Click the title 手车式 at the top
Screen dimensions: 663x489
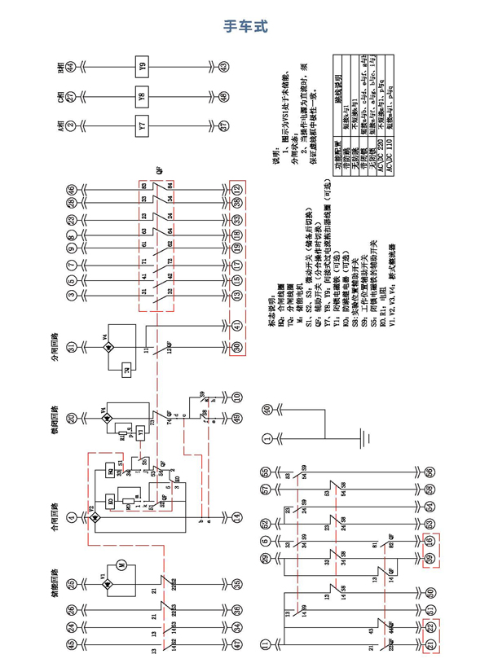click(244, 26)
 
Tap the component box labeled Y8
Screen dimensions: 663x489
click(142, 97)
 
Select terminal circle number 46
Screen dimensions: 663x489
click(71, 189)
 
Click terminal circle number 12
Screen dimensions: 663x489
click(236, 189)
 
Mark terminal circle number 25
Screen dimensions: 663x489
click(71, 584)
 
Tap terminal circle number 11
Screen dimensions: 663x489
click(265, 644)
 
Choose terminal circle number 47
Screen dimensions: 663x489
click(236, 644)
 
